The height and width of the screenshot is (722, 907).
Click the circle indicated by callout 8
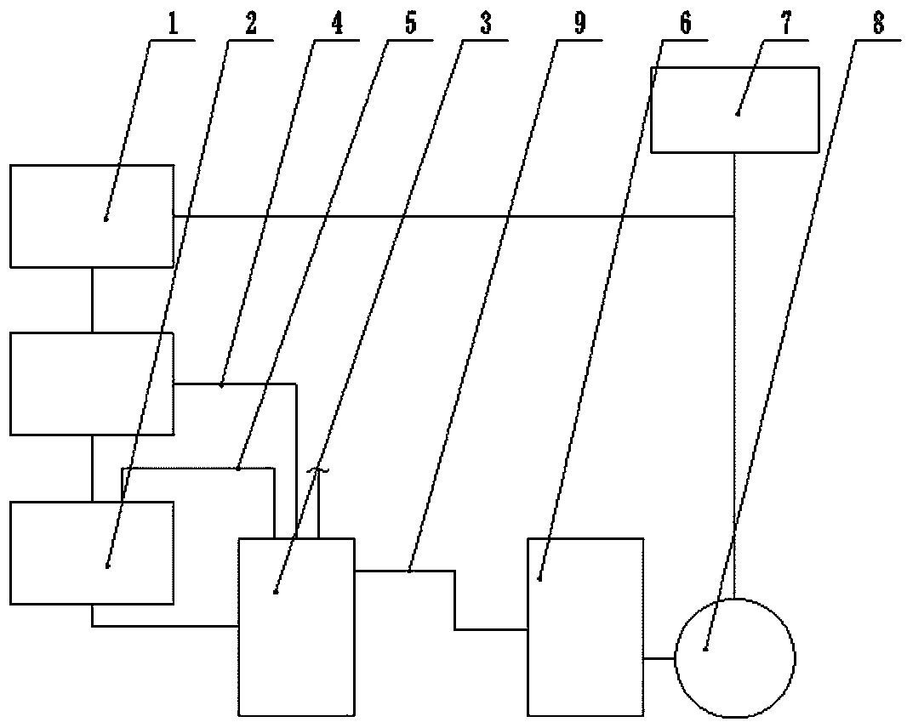[x=734, y=657]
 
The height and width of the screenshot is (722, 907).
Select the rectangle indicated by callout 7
[x=734, y=110]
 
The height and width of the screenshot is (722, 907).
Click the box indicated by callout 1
[x=92, y=216]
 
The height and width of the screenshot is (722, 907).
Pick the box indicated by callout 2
[x=92, y=553]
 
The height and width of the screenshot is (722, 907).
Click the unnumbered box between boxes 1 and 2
[x=92, y=384]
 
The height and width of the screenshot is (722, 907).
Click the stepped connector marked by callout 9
[x=454, y=600]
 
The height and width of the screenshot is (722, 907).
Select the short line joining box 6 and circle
[x=659, y=657]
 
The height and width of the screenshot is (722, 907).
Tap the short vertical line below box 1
[x=92, y=299]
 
